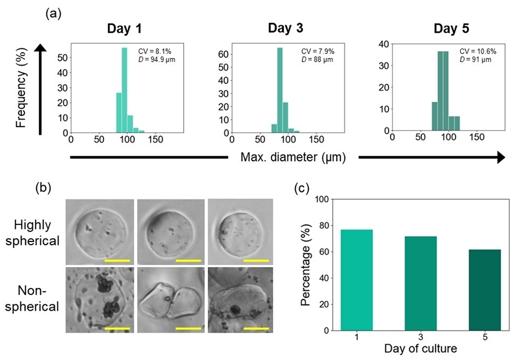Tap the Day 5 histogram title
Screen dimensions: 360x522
click(x=451, y=28)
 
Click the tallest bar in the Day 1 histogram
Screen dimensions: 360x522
click(x=124, y=90)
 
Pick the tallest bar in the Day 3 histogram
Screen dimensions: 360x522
click(x=280, y=90)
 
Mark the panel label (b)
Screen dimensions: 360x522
click(x=44, y=188)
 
